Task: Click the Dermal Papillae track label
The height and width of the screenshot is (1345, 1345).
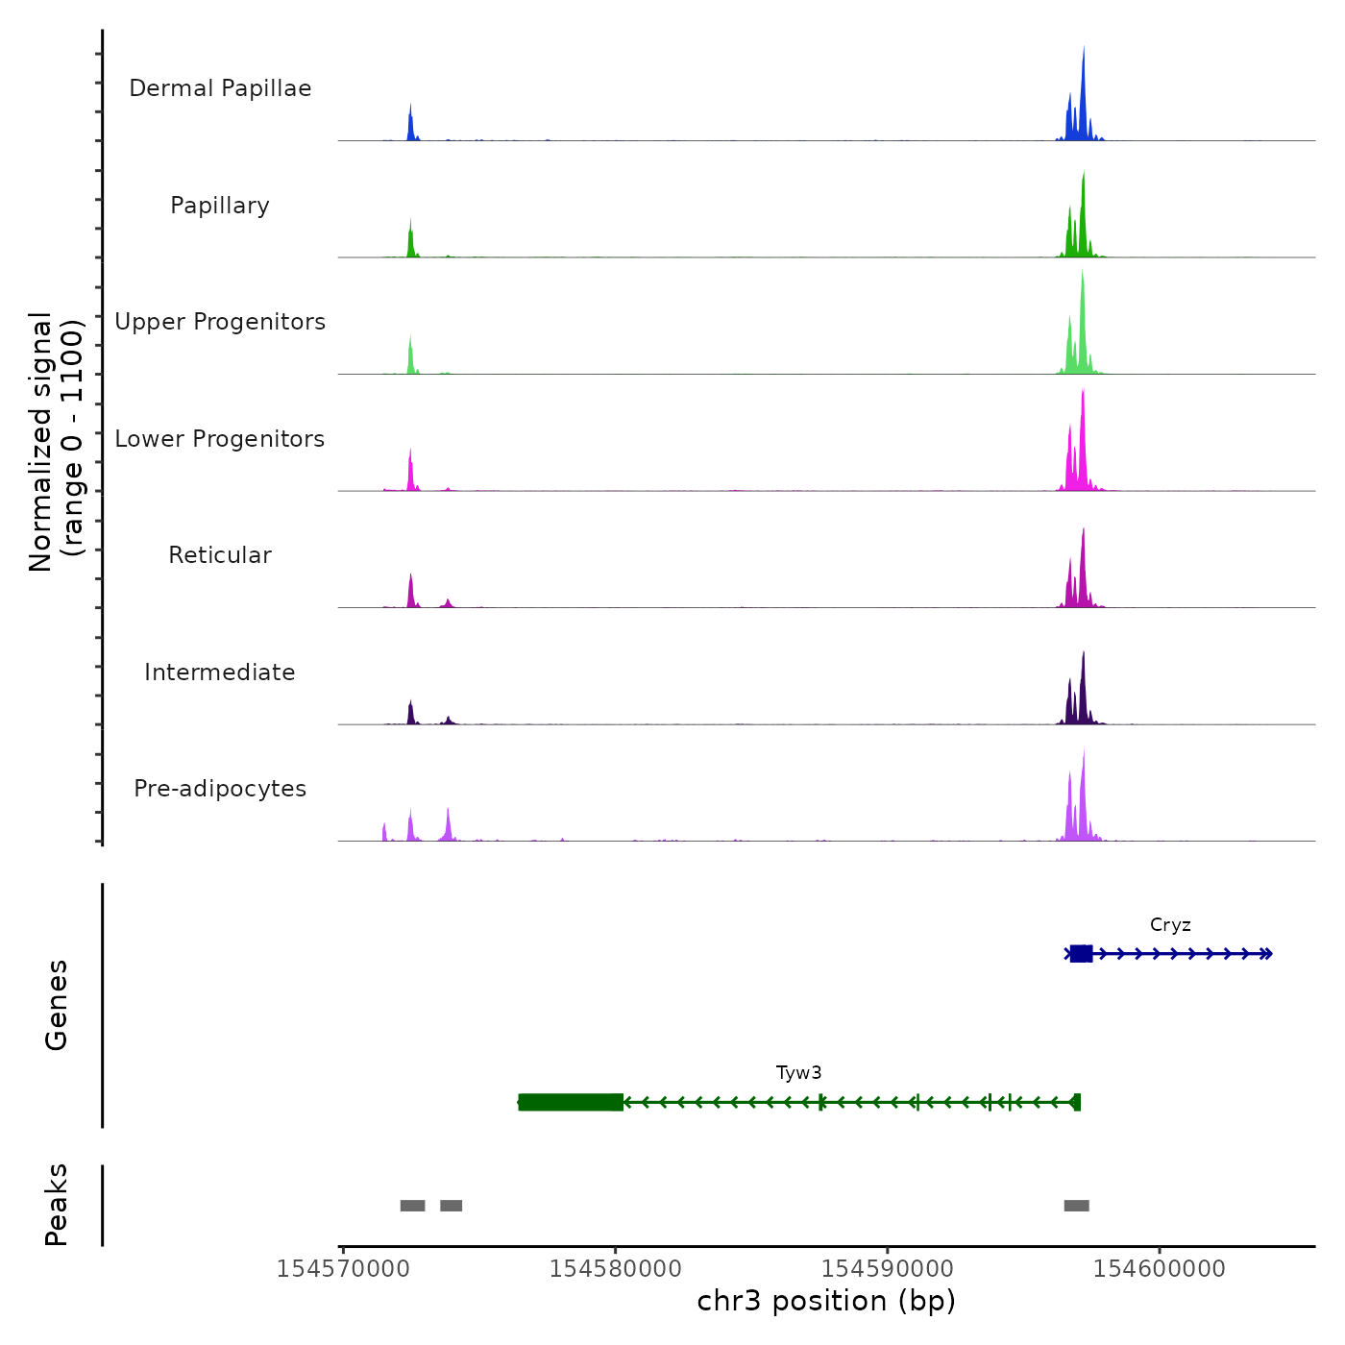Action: [220, 88]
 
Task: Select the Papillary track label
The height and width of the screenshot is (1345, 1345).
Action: [220, 206]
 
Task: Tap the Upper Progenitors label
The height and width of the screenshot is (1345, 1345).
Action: [220, 322]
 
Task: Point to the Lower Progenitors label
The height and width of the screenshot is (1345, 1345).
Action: [220, 439]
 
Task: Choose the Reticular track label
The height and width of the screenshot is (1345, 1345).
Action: [220, 555]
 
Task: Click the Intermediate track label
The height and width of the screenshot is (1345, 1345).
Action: [220, 672]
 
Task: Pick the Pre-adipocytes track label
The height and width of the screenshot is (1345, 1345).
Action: [220, 789]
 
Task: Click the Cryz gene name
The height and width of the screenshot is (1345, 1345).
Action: [1170, 925]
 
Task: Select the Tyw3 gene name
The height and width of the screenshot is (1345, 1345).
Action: [798, 1073]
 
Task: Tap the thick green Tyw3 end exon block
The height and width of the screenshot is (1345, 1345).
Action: [571, 1102]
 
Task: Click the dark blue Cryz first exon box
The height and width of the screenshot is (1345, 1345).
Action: [1081, 953]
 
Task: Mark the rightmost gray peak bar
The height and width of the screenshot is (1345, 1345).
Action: [1076, 1206]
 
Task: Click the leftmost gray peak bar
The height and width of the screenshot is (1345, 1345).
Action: [412, 1206]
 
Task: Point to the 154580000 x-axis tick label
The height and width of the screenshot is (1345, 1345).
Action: [616, 1269]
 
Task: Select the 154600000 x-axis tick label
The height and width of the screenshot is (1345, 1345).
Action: [1160, 1269]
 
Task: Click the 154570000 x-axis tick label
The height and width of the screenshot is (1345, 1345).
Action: [343, 1269]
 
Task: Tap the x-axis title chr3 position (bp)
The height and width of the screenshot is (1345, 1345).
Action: [826, 1302]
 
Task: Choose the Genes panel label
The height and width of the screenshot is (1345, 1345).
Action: [57, 1005]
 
